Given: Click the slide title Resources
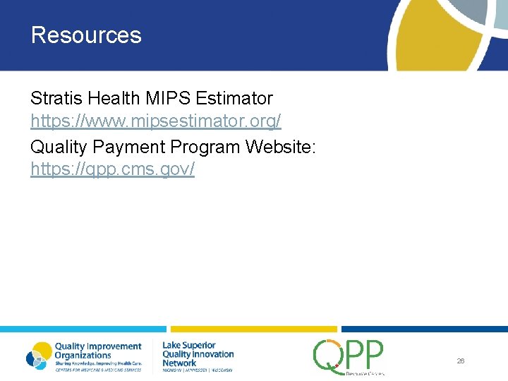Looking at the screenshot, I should pyautogui.click(x=86, y=35).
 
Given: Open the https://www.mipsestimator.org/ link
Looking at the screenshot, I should pyautogui.click(x=155, y=121).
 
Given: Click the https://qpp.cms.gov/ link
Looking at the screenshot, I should pyautogui.click(x=112, y=170).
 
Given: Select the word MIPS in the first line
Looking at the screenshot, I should pyautogui.click(x=168, y=97).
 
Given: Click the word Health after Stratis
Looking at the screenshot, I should pyautogui.click(x=111, y=97).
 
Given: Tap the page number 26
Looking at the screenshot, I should pyautogui.click(x=460, y=361).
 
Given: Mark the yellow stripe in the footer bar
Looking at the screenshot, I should pyautogui.click(x=254, y=329).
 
